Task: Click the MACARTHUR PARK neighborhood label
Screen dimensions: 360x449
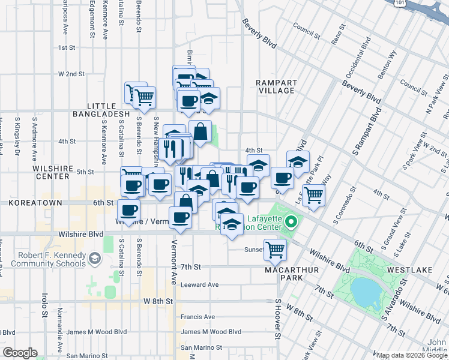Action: pos(293,274)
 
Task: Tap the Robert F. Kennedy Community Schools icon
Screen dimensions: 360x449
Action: pos(94,259)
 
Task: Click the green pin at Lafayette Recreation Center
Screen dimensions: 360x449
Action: pos(291,224)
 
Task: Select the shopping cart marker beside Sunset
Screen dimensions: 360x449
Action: pos(275,249)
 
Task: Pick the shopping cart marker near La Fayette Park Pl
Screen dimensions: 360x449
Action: pos(313,194)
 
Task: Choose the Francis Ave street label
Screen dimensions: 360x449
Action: pos(197,317)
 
